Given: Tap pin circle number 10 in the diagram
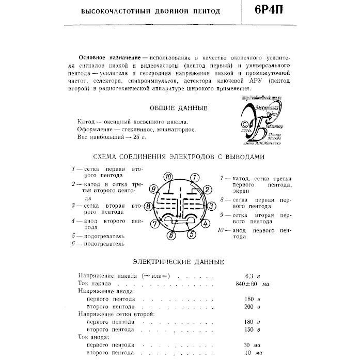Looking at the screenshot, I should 169,177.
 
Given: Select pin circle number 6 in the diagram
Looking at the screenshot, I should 171,236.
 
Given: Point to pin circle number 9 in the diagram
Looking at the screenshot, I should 152,190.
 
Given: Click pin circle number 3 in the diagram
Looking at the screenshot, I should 211,206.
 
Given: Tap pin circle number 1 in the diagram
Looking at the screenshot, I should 193,178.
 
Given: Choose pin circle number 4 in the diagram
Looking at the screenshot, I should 205,223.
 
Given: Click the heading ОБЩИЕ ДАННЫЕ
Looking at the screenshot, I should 178,108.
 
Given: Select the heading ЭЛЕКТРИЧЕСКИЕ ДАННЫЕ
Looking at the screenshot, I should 178,262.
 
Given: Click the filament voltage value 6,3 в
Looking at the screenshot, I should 252,275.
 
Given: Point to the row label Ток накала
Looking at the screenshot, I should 94,284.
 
